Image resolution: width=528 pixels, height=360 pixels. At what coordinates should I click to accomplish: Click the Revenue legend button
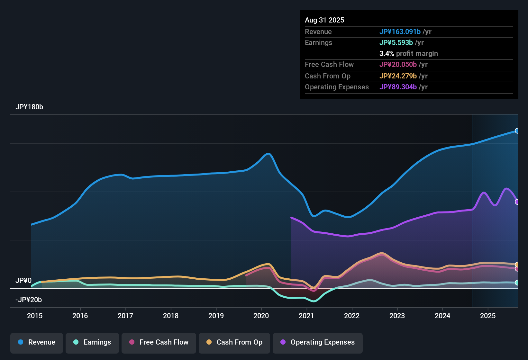(x=37, y=342)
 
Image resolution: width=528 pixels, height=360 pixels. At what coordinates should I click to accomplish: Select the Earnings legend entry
(x=92, y=342)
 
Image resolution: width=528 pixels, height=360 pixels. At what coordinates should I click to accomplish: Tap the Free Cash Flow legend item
(x=159, y=342)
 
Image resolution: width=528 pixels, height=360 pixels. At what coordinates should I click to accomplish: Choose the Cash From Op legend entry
(x=234, y=342)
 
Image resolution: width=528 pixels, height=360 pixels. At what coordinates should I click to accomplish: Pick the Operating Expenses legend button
(x=318, y=342)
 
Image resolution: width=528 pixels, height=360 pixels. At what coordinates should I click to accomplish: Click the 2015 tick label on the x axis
(x=35, y=316)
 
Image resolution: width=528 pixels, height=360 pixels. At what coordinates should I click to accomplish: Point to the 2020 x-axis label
(x=261, y=316)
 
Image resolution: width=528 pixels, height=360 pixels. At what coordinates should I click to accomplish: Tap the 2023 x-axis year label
(x=397, y=316)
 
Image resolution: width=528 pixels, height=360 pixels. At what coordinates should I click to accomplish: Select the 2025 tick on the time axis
(x=488, y=316)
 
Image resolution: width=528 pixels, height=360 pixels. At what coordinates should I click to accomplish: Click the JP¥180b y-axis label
(x=29, y=107)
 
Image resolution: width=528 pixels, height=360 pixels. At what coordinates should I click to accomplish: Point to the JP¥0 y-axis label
(x=23, y=280)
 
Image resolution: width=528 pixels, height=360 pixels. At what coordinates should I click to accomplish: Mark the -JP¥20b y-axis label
(x=29, y=300)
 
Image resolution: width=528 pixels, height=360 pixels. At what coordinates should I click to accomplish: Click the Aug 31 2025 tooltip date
(x=324, y=20)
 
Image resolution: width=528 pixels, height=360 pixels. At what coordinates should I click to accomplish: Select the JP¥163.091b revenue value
(x=400, y=32)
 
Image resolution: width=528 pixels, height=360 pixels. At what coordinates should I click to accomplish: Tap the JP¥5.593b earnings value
(x=396, y=42)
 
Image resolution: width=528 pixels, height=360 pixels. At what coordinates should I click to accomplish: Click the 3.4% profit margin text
(x=408, y=53)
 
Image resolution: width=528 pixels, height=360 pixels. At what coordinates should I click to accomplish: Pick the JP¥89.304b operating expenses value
(x=398, y=87)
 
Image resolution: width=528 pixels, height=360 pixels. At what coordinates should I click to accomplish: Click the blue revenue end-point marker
(x=517, y=131)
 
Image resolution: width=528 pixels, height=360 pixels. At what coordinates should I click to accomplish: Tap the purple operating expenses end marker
(x=517, y=202)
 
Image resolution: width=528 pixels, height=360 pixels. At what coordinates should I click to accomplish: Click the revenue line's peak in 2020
(x=269, y=154)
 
